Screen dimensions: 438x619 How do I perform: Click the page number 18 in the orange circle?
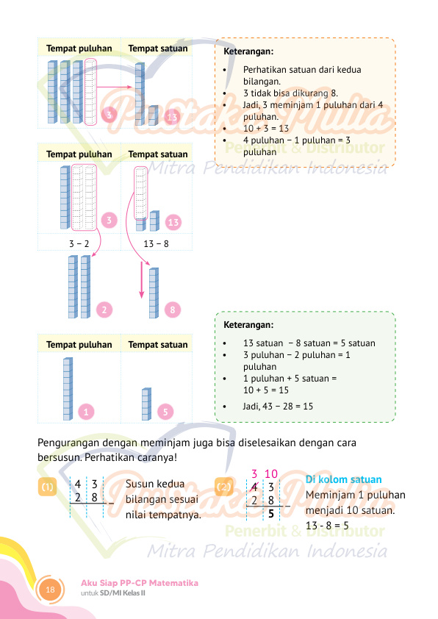(x=50, y=590)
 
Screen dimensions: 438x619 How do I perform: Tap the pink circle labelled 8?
(x=173, y=310)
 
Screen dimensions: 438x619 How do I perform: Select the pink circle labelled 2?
(x=104, y=310)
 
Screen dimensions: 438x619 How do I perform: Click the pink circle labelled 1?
(x=86, y=412)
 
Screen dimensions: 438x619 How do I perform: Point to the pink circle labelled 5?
(x=165, y=412)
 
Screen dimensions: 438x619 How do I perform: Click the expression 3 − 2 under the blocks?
(x=79, y=244)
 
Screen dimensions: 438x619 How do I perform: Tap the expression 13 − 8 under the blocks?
(x=157, y=244)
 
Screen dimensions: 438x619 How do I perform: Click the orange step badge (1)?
(x=47, y=487)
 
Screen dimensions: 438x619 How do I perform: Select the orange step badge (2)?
(x=223, y=487)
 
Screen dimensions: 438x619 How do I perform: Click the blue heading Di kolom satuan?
(x=344, y=479)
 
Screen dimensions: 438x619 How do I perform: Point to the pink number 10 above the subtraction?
(x=271, y=473)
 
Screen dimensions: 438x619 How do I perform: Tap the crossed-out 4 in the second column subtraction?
(x=254, y=487)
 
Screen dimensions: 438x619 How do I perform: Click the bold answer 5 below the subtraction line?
(x=271, y=514)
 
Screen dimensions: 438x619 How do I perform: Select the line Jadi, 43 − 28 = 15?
(x=278, y=407)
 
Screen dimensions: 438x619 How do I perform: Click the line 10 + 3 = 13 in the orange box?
(x=266, y=129)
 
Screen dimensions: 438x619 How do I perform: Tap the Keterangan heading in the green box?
(x=248, y=325)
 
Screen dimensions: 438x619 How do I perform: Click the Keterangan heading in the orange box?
(x=248, y=51)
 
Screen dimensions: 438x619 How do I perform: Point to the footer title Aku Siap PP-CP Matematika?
(x=140, y=583)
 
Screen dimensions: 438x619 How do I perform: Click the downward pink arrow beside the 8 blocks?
(x=142, y=280)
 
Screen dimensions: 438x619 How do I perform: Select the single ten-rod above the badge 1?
(x=68, y=389)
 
